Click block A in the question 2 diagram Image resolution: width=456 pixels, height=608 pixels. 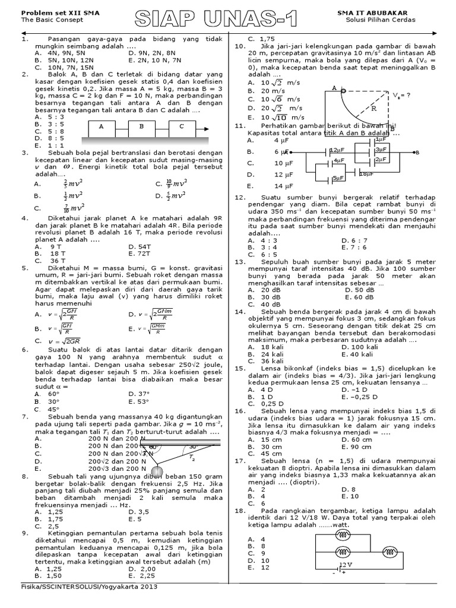(x=102, y=126)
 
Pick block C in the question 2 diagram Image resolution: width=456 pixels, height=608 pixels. (x=181, y=126)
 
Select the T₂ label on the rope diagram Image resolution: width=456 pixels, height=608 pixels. (x=191, y=458)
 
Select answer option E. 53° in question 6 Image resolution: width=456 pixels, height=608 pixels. (x=141, y=401)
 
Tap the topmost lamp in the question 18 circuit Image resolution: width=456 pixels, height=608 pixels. (x=343, y=534)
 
